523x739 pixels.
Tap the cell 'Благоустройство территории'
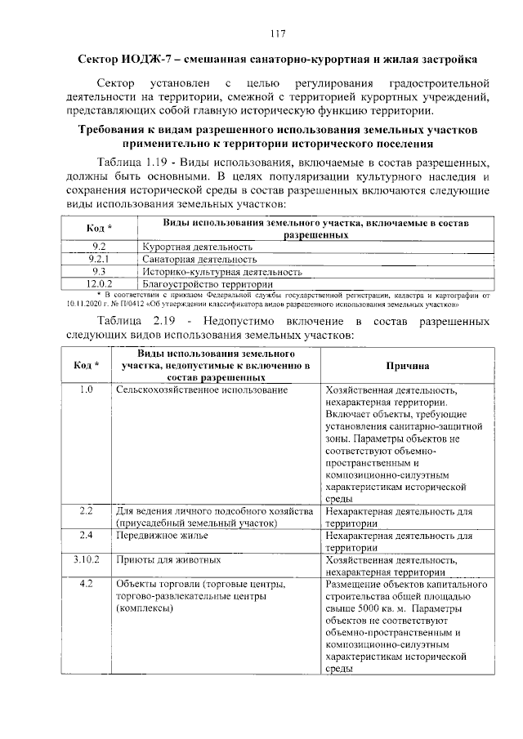coord(207,283)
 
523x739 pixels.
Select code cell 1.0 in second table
coord(87,390)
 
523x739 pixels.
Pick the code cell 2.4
coord(87,535)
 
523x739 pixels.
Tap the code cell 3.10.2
coord(87,560)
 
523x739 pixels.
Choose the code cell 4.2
coord(87,585)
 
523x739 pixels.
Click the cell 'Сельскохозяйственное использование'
coord(202,391)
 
